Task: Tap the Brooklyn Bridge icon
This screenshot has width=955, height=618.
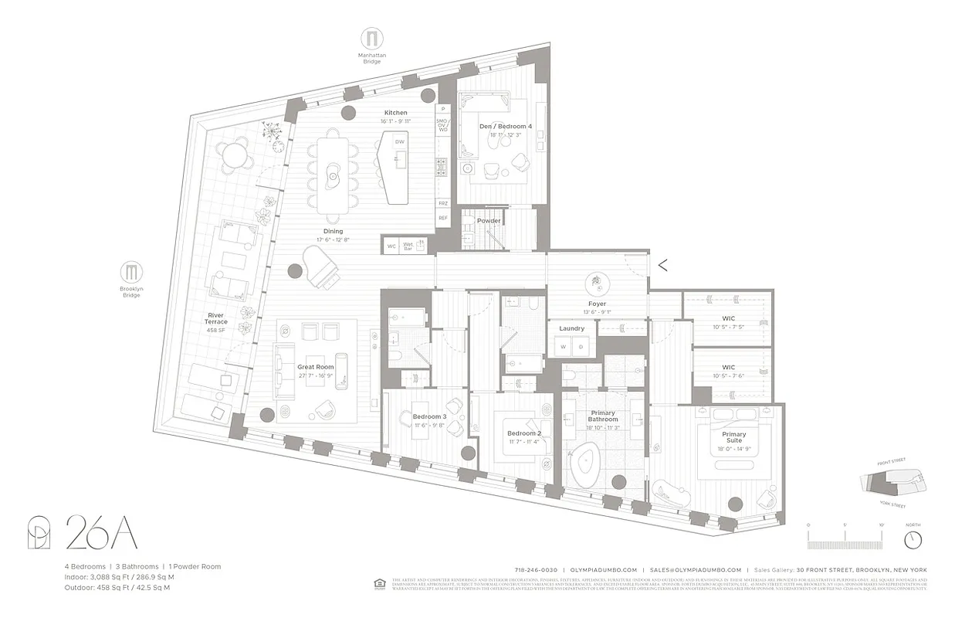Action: pyautogui.click(x=131, y=272)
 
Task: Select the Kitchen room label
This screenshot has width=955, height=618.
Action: pyautogui.click(x=395, y=113)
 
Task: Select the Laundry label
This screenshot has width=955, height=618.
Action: pyautogui.click(x=571, y=328)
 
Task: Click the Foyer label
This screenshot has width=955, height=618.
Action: pyautogui.click(x=597, y=304)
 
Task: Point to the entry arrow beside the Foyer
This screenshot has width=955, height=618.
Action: pyautogui.click(x=662, y=265)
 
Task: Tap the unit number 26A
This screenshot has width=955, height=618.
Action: pyautogui.click(x=101, y=533)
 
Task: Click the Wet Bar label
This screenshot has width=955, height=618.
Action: pyautogui.click(x=408, y=246)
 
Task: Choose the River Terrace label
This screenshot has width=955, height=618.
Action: pyautogui.click(x=215, y=318)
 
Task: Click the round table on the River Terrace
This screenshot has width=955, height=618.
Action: pyautogui.click(x=234, y=157)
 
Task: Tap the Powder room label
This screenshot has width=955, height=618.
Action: pyautogui.click(x=489, y=221)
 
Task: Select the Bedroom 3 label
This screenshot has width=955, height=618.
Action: pyautogui.click(x=428, y=416)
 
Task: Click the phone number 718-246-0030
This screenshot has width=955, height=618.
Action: pyautogui.click(x=537, y=570)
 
